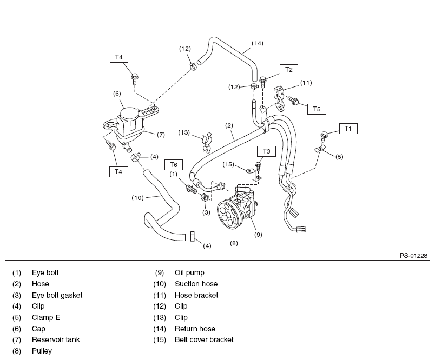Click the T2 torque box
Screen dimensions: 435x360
click(289, 70)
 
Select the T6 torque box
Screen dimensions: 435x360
click(173, 165)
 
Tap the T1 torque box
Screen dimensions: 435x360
click(348, 129)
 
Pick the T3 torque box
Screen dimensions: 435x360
click(266, 151)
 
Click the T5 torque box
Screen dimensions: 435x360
click(317, 109)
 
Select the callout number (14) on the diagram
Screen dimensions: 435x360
click(258, 43)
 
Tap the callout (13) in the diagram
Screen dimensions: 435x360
click(184, 132)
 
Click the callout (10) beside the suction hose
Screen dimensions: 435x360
click(137, 198)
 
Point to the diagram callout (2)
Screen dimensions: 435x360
click(229, 125)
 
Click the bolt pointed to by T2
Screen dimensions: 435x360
click(263, 82)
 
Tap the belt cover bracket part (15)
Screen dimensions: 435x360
click(254, 175)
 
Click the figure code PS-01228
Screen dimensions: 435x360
click(414, 256)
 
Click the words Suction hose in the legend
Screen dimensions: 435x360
click(196, 284)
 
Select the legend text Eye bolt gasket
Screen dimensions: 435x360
click(57, 295)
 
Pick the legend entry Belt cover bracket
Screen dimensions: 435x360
click(204, 339)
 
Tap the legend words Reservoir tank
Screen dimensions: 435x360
click(56, 339)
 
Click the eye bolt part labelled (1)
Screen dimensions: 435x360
click(191, 189)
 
